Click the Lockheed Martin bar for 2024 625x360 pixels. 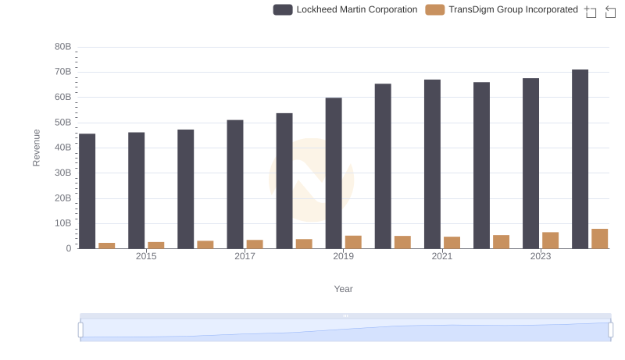pos(580,159)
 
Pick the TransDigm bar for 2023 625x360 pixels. pos(551,241)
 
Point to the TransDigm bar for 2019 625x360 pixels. pos(353,242)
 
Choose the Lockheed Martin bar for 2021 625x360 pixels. pos(432,164)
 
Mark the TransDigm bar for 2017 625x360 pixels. pos(255,244)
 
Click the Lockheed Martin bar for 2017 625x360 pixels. pos(235,184)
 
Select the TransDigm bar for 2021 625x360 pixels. pos(452,243)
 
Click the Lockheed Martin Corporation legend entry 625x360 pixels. pos(345,9)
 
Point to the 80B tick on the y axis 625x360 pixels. pos(62,47)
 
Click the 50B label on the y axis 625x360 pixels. pos(62,123)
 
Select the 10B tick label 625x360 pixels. pos(62,223)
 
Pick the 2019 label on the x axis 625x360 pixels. pos(343,257)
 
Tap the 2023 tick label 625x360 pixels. pos(541,257)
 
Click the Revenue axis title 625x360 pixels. pos(36,148)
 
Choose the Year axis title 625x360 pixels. pos(344,289)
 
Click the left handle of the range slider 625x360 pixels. pos(80,330)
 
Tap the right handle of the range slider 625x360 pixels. pos(611,330)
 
